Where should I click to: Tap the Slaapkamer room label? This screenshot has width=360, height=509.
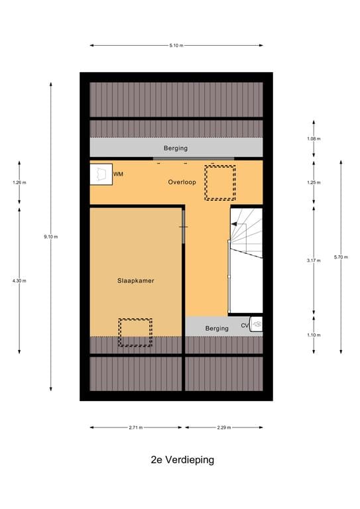click(135, 281)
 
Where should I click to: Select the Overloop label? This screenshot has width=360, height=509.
click(181, 182)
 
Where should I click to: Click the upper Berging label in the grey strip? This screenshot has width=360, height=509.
click(176, 148)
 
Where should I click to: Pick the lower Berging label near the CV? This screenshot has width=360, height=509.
click(216, 328)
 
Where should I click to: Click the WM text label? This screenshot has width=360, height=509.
click(118, 174)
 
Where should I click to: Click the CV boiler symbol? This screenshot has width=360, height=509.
click(257, 324)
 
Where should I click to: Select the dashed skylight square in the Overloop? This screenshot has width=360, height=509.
click(219, 182)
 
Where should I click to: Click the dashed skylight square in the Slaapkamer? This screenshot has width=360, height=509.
click(135, 333)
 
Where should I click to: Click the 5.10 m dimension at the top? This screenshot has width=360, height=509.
click(176, 46)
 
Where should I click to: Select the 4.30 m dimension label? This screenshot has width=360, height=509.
click(19, 281)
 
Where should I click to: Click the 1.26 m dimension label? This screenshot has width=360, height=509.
click(19, 182)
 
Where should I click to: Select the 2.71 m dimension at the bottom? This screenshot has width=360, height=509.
click(137, 427)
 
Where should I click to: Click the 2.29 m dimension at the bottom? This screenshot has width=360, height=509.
click(224, 427)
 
